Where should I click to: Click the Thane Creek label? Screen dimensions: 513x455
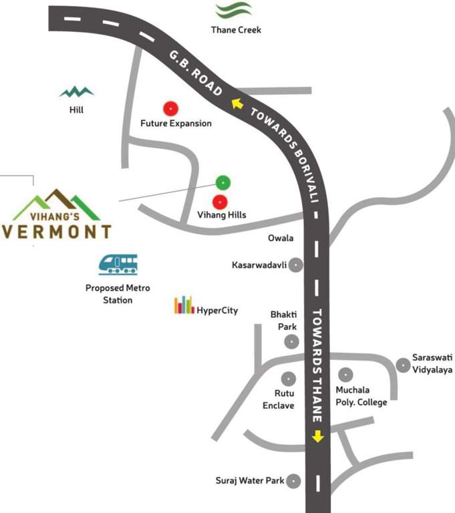pos(236,30)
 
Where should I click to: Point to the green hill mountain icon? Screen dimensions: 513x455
pos(76,92)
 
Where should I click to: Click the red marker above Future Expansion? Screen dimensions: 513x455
pos(170,108)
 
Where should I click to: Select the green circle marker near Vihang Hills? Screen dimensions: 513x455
pos(223,182)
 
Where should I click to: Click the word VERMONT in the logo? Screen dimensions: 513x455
pos(57,232)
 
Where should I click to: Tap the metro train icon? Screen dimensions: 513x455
pos(118,265)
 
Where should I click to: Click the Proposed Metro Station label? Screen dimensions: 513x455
pos(118,294)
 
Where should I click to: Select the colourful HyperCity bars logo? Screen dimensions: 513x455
pos(184,305)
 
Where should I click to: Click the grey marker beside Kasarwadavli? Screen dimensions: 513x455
pos(295,265)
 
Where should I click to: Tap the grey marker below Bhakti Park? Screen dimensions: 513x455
pos(291,342)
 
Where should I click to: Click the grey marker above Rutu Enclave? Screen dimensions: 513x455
pos(288,378)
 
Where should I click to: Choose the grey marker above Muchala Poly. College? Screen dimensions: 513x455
pos(345,375)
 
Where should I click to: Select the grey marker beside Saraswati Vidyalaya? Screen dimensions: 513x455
pos(403,365)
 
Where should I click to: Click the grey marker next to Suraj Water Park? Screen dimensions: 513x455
pos(293,480)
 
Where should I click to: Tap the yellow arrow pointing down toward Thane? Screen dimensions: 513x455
pos(317,436)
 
